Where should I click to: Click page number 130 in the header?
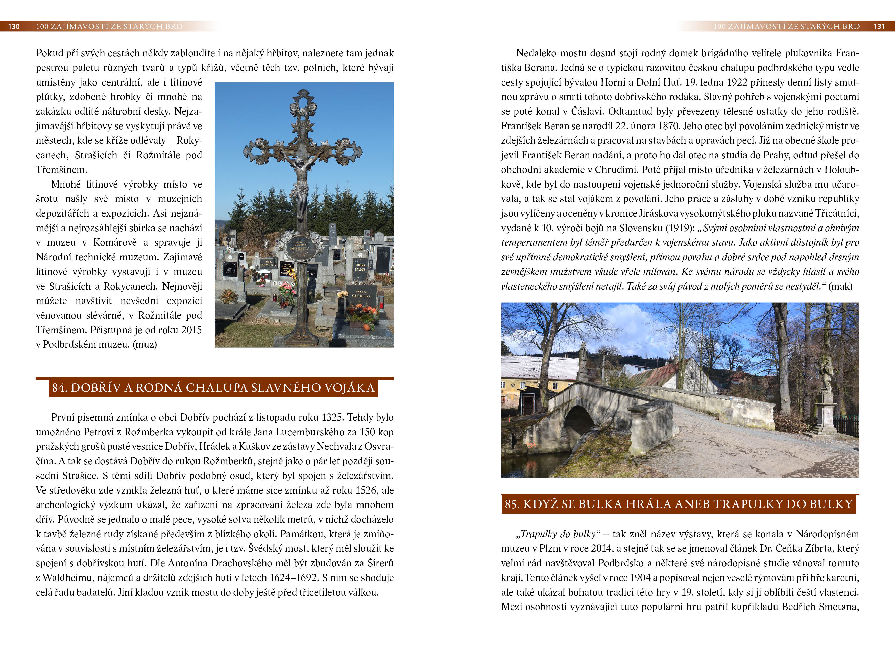pyautogui.click(x=14, y=27)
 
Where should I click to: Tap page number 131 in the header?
pyautogui.click(x=879, y=27)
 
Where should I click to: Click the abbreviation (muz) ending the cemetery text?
pyautogui.click(x=145, y=345)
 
